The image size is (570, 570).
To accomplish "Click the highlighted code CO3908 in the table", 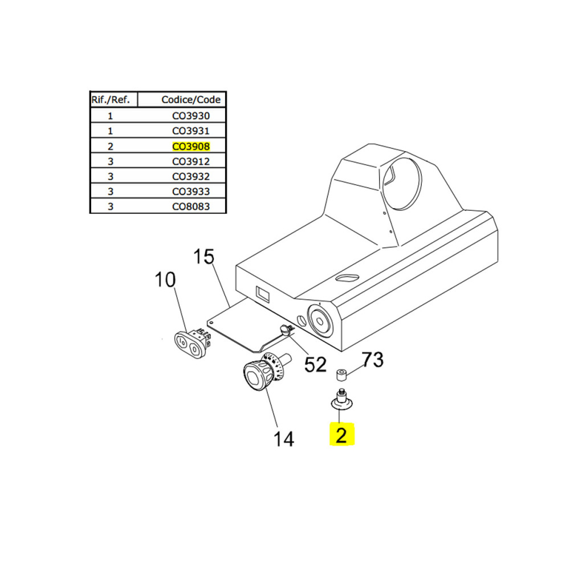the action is point(191,146).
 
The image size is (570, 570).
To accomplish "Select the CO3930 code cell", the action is point(191,116).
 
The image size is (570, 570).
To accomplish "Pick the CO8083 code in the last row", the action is point(191,206).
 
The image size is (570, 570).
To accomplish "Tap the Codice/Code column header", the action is point(191,100).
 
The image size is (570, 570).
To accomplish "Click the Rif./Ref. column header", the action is point(111,100).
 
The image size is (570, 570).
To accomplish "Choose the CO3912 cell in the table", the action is point(191,161).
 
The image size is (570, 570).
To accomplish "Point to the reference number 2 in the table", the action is point(111,146).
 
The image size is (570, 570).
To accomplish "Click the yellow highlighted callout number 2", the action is point(341,435).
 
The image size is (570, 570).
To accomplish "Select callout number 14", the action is point(283,439).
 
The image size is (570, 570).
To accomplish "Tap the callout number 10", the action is point(165,280).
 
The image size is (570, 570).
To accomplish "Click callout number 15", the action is point(203,256).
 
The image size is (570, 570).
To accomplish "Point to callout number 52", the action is point(315,364).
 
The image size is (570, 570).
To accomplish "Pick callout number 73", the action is point(372,359).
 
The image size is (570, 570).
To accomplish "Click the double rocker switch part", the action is point(192,341).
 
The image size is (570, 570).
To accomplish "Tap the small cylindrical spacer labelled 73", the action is point(341,375).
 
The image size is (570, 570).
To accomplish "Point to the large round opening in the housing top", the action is point(401,184).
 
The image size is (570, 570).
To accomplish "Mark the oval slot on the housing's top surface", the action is point(348,279).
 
